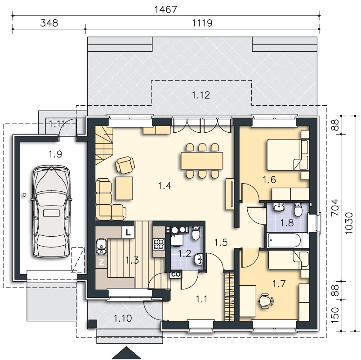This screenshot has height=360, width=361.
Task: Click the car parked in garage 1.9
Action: coord(51,211)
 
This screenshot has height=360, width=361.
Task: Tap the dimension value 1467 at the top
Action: coord(166,10)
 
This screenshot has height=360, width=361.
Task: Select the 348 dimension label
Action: coord(49,23)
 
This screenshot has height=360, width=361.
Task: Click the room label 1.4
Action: coord(165,185)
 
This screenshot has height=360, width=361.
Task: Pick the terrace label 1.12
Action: coord(201,95)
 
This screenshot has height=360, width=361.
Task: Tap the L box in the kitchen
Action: coord(128,232)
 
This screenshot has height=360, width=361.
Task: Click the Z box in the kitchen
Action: coord(102,262)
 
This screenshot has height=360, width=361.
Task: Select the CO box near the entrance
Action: coord(176,274)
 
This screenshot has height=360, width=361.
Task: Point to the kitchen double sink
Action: coord(101,247)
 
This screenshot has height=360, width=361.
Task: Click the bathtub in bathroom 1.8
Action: coord(284,240)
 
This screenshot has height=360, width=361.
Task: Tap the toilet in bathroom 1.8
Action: coord(298,209)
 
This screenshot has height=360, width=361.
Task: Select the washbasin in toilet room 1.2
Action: coord(198,259)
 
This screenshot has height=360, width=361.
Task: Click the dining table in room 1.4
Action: coord(202,161)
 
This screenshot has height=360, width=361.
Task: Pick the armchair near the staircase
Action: coord(125,164)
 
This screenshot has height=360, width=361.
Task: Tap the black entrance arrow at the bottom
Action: coord(126,353)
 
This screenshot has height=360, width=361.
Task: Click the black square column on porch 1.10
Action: coord(92,324)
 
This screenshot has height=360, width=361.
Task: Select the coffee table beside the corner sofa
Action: coord(125,188)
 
